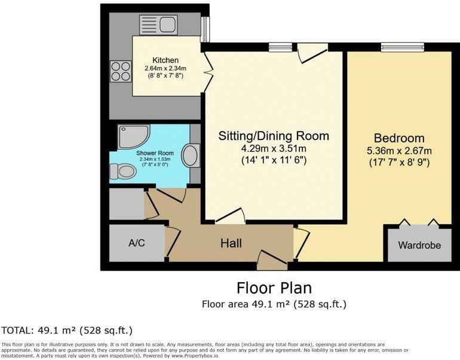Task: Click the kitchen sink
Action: tap(157, 25)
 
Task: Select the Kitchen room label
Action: tap(165, 60)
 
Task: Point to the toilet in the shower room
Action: tap(124, 172)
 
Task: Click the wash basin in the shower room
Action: tap(191, 155)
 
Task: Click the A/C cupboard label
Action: tap(137, 244)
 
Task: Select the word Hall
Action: tap(231, 243)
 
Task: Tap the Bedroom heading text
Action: tap(398, 138)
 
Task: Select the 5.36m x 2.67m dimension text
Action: tap(398, 150)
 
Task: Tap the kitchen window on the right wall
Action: tap(205, 28)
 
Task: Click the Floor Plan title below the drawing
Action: tap(274, 288)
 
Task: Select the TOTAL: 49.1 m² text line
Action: tap(66, 330)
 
